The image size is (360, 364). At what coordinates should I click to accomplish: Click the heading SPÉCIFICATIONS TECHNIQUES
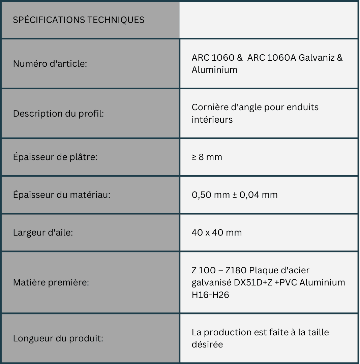(x=79, y=20)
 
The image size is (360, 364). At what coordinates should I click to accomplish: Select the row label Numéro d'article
(x=50, y=63)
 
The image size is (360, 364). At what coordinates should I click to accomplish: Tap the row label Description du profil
(x=58, y=114)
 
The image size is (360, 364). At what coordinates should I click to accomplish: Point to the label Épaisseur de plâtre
(x=55, y=157)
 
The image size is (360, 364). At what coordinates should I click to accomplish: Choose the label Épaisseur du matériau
(x=62, y=195)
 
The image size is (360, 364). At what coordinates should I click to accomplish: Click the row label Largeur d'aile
(x=43, y=233)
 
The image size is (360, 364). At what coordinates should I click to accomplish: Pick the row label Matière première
(x=51, y=282)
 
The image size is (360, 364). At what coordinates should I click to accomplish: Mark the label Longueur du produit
(x=58, y=338)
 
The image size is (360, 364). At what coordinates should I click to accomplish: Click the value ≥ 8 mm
(x=207, y=157)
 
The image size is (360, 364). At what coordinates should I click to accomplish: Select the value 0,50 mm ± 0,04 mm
(x=235, y=195)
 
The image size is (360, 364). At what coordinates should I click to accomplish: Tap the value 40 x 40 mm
(x=216, y=233)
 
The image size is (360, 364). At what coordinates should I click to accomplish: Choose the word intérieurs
(x=212, y=120)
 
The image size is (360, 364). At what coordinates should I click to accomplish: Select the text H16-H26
(x=210, y=295)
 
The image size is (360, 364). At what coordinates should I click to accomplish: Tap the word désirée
(x=207, y=345)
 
